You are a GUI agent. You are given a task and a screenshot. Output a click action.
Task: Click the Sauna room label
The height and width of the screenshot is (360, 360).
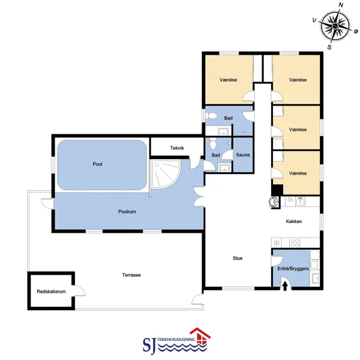[242, 155]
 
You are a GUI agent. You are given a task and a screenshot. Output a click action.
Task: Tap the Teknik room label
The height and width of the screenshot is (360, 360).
[177, 148]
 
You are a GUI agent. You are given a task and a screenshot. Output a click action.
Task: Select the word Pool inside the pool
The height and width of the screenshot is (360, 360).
[97, 164]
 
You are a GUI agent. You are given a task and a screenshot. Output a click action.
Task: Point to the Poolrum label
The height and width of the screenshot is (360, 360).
[127, 211]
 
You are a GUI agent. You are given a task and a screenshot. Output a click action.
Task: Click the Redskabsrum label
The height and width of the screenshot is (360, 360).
[51, 292]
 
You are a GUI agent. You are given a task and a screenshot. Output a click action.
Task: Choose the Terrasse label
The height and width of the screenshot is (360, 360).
[131, 275]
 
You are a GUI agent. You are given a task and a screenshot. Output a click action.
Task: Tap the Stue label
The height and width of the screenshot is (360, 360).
[238, 258]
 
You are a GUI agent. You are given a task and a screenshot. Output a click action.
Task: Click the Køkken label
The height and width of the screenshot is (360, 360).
[294, 221]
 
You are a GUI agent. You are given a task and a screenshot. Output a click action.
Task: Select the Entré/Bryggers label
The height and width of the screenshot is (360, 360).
[293, 268]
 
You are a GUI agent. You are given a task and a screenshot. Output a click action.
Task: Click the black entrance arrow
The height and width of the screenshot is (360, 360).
[285, 286]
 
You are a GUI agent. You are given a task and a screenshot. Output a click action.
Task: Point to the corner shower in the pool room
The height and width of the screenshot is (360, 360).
[164, 174]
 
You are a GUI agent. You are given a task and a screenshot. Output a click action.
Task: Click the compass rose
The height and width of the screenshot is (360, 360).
[335, 25]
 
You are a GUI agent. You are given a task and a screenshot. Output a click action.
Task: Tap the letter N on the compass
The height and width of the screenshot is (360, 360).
[341, 5]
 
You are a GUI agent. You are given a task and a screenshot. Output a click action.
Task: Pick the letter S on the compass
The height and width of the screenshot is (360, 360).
[329, 47]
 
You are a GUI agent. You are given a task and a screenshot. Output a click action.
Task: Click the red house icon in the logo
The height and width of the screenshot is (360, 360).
[200, 337]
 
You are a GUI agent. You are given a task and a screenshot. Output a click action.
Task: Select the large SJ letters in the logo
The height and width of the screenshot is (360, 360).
[149, 346]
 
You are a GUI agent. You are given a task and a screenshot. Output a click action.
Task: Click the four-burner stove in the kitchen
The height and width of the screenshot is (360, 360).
[295, 243]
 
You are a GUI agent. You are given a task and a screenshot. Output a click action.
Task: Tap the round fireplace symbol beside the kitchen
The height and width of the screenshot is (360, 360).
[274, 202]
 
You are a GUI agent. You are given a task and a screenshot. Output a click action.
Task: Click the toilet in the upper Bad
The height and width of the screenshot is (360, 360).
[211, 115]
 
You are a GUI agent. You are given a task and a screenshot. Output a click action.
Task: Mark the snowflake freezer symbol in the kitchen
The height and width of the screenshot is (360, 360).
[277, 242]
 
